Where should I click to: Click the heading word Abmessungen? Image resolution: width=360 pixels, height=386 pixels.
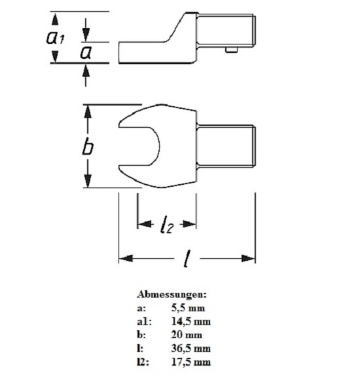[x=172, y=294]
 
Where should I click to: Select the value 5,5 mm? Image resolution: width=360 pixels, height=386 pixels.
[x=188, y=308]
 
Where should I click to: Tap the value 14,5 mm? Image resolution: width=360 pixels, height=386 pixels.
[x=191, y=322]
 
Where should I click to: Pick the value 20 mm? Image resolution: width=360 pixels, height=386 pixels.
[x=187, y=335]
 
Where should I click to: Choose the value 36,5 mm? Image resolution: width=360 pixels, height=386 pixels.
[x=191, y=349]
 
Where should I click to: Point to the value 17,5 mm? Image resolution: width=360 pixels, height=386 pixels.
[x=191, y=362]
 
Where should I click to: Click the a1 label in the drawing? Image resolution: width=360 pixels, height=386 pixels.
[x=56, y=37]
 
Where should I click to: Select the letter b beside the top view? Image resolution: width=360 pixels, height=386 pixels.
[x=88, y=147]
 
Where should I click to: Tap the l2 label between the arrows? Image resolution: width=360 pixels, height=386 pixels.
[x=167, y=225]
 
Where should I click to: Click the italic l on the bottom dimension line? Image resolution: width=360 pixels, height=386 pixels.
[x=187, y=259]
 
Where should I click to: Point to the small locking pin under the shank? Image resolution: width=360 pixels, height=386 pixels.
[x=232, y=50]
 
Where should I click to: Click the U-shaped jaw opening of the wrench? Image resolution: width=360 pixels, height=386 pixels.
[x=139, y=147]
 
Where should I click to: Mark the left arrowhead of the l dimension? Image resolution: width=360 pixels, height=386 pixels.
[x=126, y=258]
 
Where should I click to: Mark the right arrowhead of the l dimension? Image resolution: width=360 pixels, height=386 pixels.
[x=248, y=258]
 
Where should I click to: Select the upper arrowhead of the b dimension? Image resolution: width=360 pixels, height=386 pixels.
[x=88, y=112]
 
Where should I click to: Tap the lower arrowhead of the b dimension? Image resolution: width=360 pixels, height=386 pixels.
[x=88, y=181]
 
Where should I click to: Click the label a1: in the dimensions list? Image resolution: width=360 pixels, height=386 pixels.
[x=145, y=322]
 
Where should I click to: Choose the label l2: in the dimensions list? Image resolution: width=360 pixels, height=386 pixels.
[x=143, y=362]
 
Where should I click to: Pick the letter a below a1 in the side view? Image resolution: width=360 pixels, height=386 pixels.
[x=86, y=52]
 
